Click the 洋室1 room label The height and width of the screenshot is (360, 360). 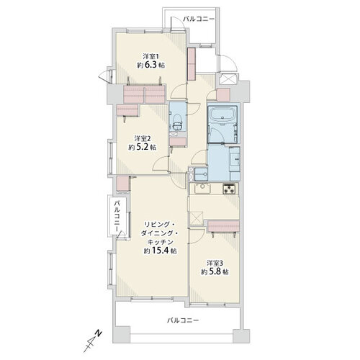tap(150, 57)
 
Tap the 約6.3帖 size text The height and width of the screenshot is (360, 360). tap(150, 65)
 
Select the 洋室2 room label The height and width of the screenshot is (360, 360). tap(143, 138)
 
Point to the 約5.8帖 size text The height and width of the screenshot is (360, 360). tap(215, 272)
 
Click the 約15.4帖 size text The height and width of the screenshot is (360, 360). tap(161, 251)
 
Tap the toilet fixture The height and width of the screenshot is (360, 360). tap(178, 122)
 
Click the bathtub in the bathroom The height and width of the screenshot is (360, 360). tap(223, 115)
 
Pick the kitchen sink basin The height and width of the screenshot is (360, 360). tap(202, 189)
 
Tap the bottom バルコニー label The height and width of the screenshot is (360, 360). tap(183, 320)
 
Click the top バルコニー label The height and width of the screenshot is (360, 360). tap(199, 19)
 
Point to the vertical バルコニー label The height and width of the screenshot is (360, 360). tap(117, 217)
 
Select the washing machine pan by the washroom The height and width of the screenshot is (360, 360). tap(201, 174)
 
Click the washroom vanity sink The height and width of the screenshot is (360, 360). tap(235, 158)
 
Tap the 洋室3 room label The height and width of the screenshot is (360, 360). tap(215, 263)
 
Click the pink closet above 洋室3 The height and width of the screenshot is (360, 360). tap(223, 226)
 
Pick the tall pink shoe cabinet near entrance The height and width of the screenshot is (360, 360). tap(192, 64)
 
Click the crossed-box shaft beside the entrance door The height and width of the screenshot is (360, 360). tap(227, 79)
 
